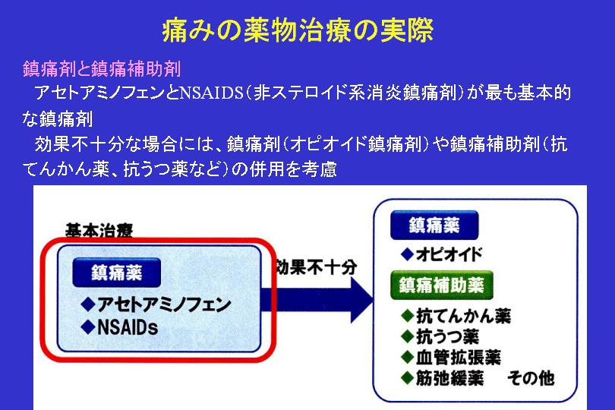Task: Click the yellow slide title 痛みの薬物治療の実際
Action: tap(298, 30)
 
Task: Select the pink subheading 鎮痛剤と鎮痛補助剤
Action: tap(102, 68)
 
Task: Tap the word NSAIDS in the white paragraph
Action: tap(211, 93)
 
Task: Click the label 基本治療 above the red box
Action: tap(99, 230)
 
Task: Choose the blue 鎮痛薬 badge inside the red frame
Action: tap(116, 273)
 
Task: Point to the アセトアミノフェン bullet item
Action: tap(156, 304)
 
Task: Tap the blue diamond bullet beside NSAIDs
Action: tap(88, 327)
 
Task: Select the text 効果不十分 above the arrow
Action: tap(316, 267)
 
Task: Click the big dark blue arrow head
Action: tap(361, 300)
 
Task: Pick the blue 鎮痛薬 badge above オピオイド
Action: tap(434, 225)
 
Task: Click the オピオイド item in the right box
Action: tap(442, 254)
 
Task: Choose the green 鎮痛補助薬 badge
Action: tap(442, 285)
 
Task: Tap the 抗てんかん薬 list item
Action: tap(456, 316)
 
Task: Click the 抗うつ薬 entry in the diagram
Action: tap(440, 336)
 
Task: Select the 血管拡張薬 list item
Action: tap(451, 358)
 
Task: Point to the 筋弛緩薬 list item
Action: tap(443, 378)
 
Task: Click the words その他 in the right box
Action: tap(531, 378)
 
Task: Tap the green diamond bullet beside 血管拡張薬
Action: tap(408, 358)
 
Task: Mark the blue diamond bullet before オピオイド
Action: tap(408, 254)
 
